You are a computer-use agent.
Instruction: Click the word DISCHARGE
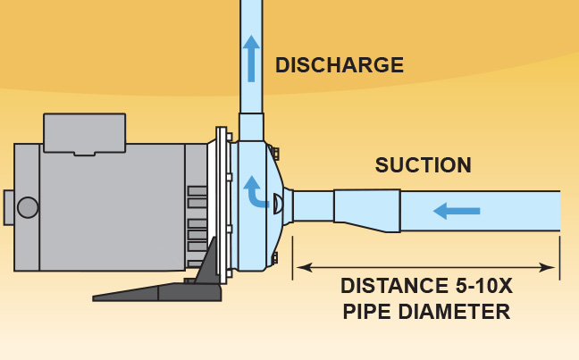(x=339, y=65)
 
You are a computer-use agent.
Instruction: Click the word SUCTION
(x=423, y=165)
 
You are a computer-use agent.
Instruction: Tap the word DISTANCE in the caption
(x=393, y=288)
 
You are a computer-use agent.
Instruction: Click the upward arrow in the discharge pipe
(x=251, y=53)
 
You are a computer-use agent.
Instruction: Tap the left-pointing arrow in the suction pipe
(x=456, y=211)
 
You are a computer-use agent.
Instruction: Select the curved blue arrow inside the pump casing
(x=255, y=189)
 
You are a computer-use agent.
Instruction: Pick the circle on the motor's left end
(x=28, y=207)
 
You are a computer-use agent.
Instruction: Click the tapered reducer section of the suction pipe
(x=366, y=211)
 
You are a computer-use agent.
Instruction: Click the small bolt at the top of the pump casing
(x=276, y=154)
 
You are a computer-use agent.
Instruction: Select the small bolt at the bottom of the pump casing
(x=276, y=259)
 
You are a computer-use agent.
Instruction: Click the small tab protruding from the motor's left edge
(x=8, y=207)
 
